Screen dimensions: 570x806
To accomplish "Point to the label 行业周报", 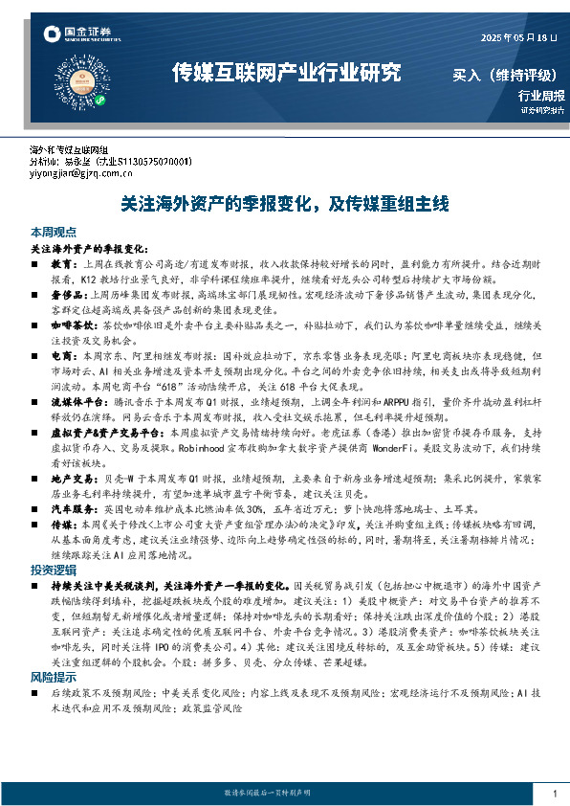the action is pyautogui.click(x=541, y=95).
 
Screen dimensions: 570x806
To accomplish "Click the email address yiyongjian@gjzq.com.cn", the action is pyautogui.click(x=92, y=174).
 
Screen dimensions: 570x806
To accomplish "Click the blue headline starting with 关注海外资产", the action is pyautogui.click(x=284, y=204).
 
